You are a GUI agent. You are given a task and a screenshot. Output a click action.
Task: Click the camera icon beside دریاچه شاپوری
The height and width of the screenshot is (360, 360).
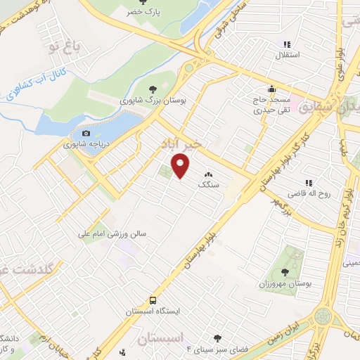(x=86, y=134)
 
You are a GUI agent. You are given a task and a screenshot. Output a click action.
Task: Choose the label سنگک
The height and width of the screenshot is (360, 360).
(x=208, y=184)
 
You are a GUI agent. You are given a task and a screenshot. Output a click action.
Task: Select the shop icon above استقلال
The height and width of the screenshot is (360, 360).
(x=286, y=44)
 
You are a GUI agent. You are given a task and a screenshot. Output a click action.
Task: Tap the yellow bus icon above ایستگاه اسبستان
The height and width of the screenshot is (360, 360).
(x=153, y=300)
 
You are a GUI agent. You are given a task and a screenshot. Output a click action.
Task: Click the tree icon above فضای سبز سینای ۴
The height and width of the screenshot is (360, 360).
(x=217, y=338)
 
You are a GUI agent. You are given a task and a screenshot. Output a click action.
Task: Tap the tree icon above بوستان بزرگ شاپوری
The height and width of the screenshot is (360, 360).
(x=153, y=88)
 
